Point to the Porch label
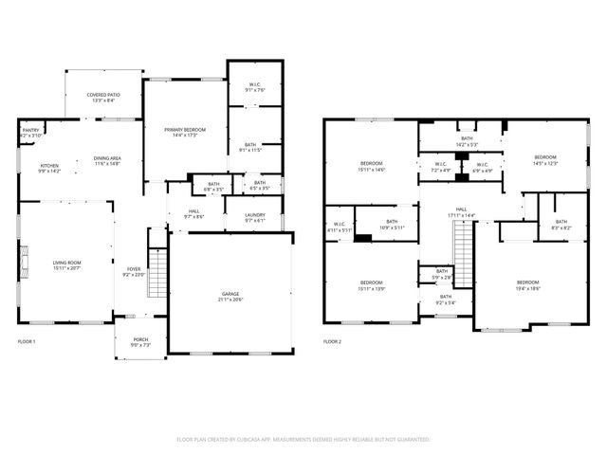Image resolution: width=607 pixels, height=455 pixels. [x=140, y=341]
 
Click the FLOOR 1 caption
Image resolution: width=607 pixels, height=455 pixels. [x=28, y=340]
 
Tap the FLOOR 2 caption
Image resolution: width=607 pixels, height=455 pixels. [x=332, y=340]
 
